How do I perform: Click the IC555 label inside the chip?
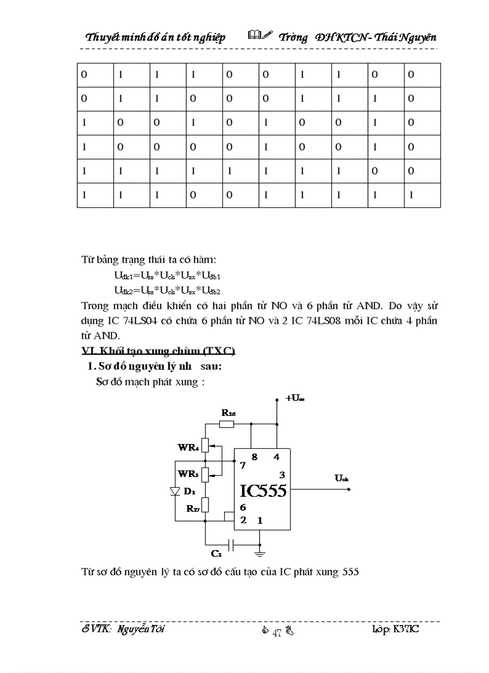pyautogui.click(x=263, y=491)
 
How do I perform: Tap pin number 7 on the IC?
pyautogui.click(x=242, y=465)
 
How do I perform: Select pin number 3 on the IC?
pyautogui.click(x=282, y=475)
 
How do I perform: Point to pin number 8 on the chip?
pyautogui.click(x=254, y=457)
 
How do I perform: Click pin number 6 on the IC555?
pyautogui.click(x=243, y=508)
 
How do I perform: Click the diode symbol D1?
pyautogui.click(x=175, y=491)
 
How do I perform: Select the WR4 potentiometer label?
pyautogui.click(x=188, y=447)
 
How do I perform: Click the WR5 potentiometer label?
pyautogui.click(x=188, y=473)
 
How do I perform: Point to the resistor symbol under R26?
pyautogui.click(x=227, y=424)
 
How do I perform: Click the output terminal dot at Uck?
pyautogui.click(x=348, y=490)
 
